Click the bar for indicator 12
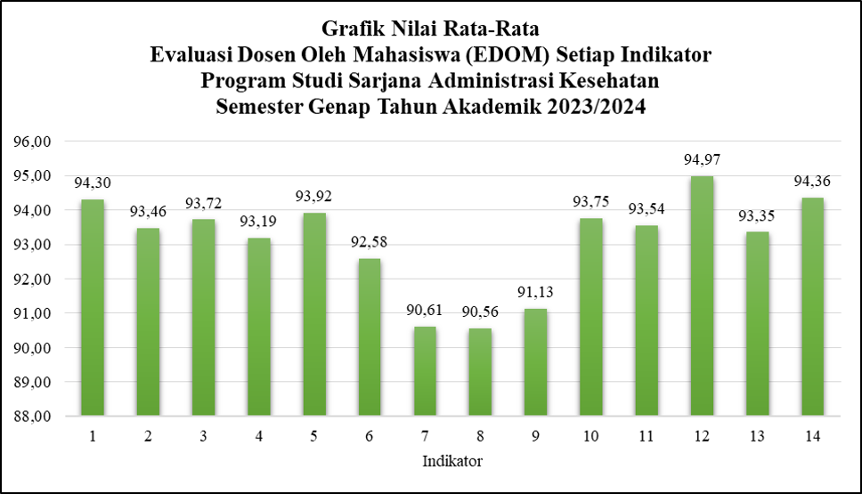coord(702,296)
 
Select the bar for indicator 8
coord(480,372)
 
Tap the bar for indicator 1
coord(93,307)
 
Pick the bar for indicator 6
coord(369,336)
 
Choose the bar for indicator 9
coord(535,362)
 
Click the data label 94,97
coord(702,160)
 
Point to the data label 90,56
coord(480,312)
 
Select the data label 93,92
coord(314,196)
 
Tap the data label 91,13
coord(535,292)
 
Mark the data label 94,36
coord(812,182)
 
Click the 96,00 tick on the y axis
coord(32,142)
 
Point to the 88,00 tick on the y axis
coord(32,417)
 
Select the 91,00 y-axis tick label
coord(32,314)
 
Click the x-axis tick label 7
coord(425,436)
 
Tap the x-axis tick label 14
coord(812,436)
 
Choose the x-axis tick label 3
coord(203,436)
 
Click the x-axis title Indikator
coord(452,461)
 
